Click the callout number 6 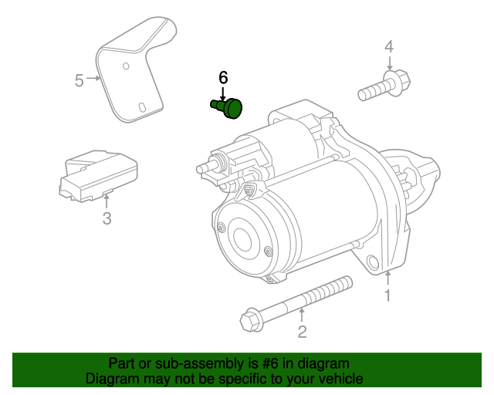coord(223,78)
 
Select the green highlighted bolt coord(227,108)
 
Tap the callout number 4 coord(389,46)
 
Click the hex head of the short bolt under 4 coord(398,83)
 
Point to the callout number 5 coord(80,80)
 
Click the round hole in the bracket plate coord(126,66)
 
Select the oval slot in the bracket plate coord(142,107)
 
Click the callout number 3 coord(107,218)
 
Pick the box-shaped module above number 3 coord(98,176)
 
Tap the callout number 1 coord(387,295)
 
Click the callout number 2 coord(302,332)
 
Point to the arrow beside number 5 coord(93,78)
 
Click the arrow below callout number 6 coord(223,94)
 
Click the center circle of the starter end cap coord(242,240)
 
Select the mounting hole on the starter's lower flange coord(374,262)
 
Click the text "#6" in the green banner coord(270,363)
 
